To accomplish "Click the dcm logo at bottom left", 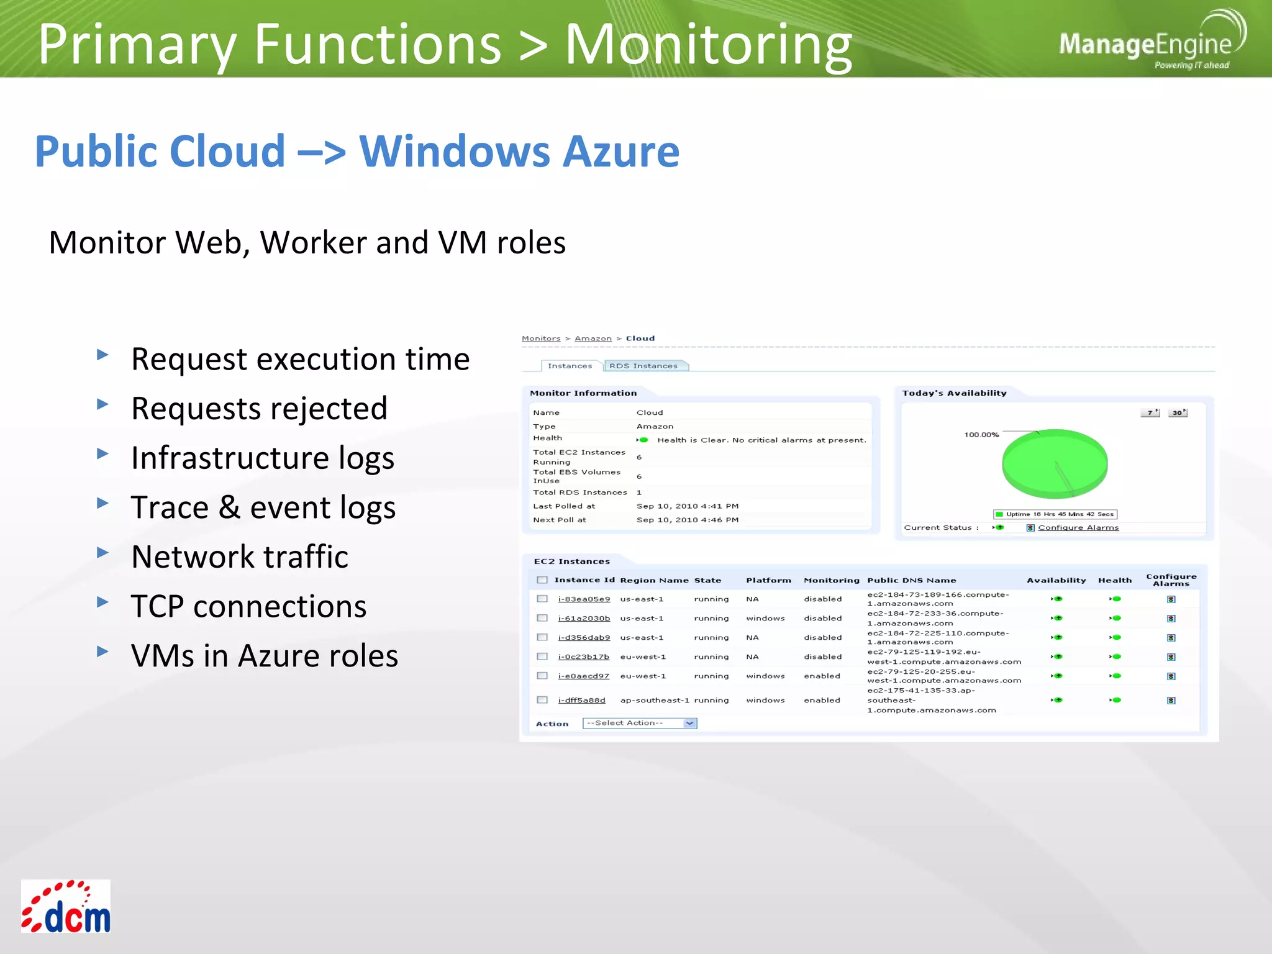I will coord(66,906).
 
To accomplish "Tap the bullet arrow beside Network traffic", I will coord(103,552).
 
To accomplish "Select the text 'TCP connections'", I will coord(248,606).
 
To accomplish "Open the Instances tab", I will coord(570,366).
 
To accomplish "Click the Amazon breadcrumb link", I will coord(593,338).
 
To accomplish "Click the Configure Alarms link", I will coord(1078,527).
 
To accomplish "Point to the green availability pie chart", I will coord(1055,463).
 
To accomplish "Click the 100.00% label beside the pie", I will coord(981,435).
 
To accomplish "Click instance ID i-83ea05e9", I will coord(584,599).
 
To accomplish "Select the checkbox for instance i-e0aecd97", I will coord(542,676).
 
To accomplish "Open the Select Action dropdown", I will coord(640,723).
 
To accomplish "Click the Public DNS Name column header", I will coord(911,580).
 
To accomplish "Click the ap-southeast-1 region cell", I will coord(654,700).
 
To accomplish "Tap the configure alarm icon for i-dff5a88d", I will coord(1171,701).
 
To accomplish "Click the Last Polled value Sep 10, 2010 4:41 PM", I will coord(687,506).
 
